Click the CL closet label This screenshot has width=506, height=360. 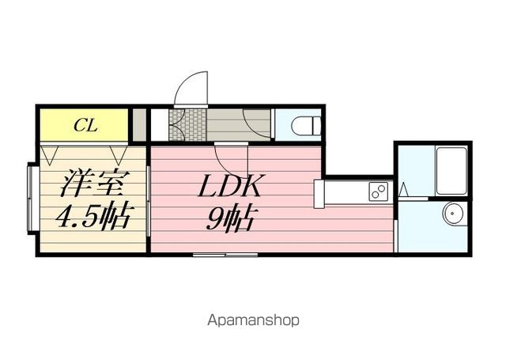click(x=85, y=125)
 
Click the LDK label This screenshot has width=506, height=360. click(x=231, y=186)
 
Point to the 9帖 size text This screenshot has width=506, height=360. click(x=229, y=218)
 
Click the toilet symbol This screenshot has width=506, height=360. click(x=306, y=125)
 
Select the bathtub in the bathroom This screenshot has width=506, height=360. click(x=451, y=170)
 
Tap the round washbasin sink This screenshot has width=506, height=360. click(x=454, y=214)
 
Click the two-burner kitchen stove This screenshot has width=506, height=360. click(x=378, y=191)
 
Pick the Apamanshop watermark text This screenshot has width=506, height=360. click(x=253, y=320)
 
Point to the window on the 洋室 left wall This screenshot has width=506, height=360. click(x=32, y=198)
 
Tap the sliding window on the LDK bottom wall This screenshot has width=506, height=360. click(x=225, y=255)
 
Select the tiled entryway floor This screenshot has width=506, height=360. click(x=187, y=125)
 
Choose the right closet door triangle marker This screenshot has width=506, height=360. click(x=119, y=156)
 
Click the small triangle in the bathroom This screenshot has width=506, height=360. click(x=403, y=190)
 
